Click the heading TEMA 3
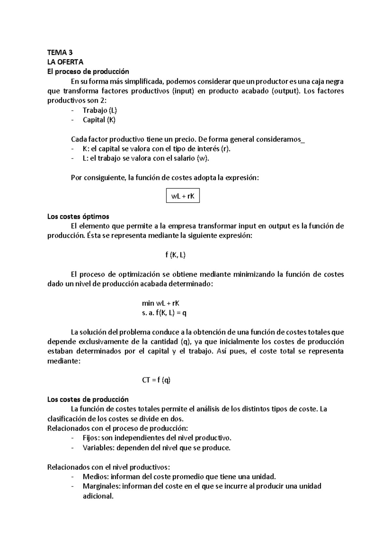click(x=60, y=53)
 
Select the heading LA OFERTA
click(x=65, y=62)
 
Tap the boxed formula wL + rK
click(x=183, y=196)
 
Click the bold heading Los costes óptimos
click(x=78, y=217)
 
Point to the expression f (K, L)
click(x=175, y=255)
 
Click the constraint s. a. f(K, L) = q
click(x=164, y=313)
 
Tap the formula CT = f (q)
click(x=156, y=380)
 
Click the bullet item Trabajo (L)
click(x=100, y=110)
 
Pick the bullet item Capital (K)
click(x=99, y=120)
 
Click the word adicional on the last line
click(x=98, y=496)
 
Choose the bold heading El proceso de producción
click(x=88, y=72)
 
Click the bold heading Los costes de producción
click(x=88, y=400)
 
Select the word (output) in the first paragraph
click(x=285, y=91)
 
